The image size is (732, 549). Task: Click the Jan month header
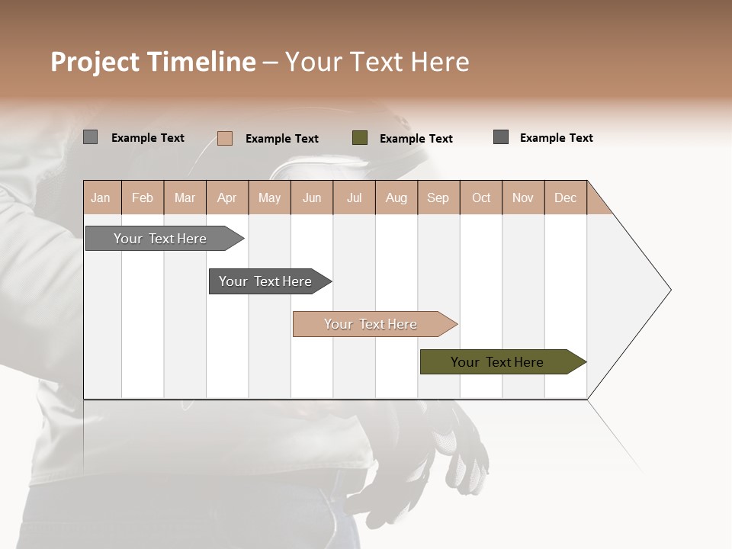[x=101, y=197]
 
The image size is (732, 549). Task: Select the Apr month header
[x=226, y=197]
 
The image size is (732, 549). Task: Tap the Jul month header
[x=354, y=197]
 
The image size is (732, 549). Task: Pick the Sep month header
[x=438, y=197]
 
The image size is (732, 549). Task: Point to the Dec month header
[x=565, y=197]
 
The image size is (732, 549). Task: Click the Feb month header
[x=143, y=197]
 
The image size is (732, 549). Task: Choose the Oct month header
[x=481, y=197]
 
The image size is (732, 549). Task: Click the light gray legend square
[x=91, y=137]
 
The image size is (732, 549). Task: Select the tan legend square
[x=225, y=138]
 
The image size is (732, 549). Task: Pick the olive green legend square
[x=360, y=138]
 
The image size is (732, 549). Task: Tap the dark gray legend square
[x=501, y=137]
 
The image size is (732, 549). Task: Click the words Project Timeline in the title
[x=152, y=62]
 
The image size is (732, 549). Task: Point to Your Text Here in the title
[x=377, y=62]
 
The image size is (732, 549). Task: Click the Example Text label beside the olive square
[x=416, y=139]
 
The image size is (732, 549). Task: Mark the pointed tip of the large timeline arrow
[x=669, y=290]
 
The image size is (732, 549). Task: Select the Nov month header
[x=523, y=197]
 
